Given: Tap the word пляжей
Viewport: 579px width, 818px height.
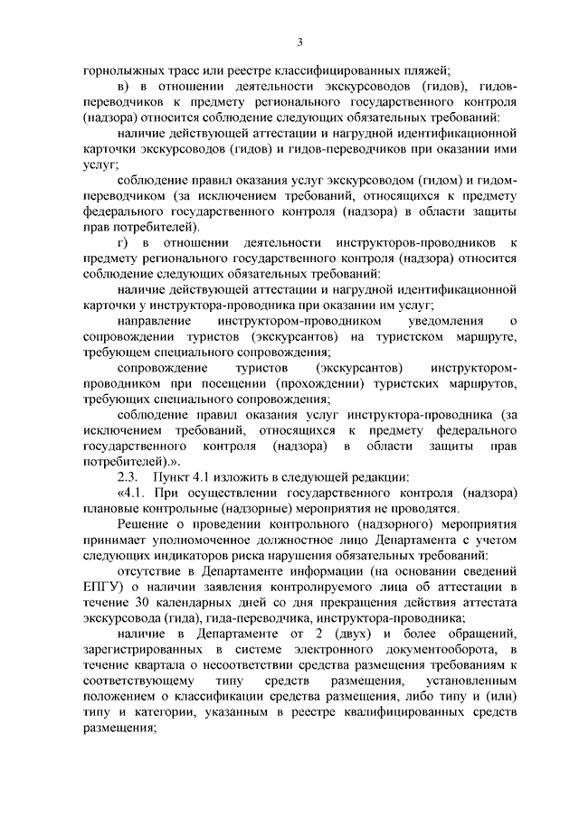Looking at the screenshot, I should coord(425,70).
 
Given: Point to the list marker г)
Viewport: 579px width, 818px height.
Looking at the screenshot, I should coord(124,242).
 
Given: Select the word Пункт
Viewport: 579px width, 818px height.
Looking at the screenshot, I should coord(174,477).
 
